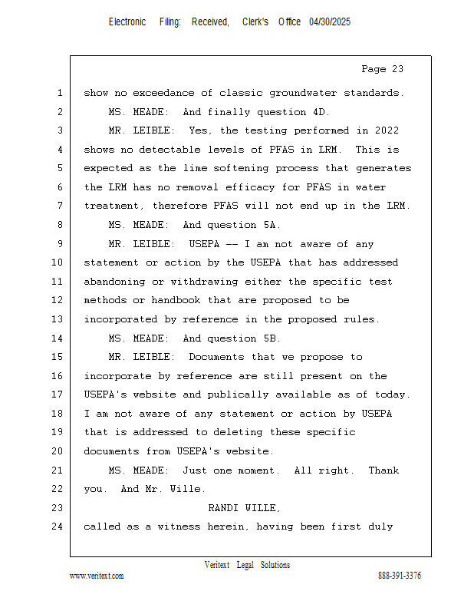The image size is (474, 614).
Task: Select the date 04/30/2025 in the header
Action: (x=330, y=22)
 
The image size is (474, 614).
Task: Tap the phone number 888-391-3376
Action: (x=400, y=576)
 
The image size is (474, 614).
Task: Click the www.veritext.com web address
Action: (x=97, y=576)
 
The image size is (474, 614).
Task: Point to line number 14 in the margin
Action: (x=58, y=338)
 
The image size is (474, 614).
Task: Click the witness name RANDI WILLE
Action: (x=245, y=508)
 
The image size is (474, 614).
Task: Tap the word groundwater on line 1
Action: (x=288, y=93)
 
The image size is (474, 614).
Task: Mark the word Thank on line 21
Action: (x=383, y=470)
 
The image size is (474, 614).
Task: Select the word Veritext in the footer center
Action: (x=217, y=565)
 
